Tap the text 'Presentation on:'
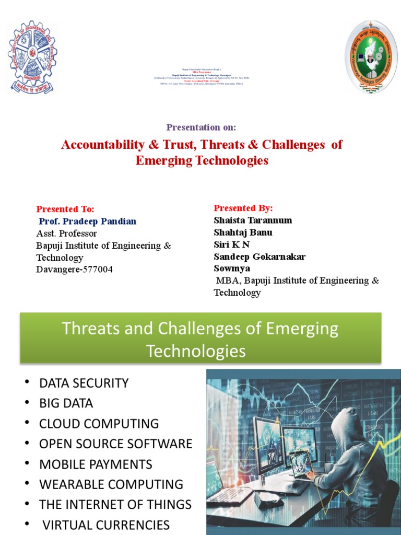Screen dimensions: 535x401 click(201, 127)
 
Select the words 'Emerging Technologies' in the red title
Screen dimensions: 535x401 click(202, 160)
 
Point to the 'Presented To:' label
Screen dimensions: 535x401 click(65, 209)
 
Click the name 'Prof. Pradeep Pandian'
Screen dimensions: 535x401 click(88, 221)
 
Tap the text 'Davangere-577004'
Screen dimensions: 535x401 click(74, 270)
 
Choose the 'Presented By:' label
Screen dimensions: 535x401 click(243, 208)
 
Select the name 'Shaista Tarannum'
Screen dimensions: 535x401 click(253, 220)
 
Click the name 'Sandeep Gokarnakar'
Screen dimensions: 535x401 click(260, 257)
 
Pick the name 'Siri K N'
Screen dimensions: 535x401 click(232, 245)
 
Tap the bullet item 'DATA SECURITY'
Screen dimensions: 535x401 click(84, 383)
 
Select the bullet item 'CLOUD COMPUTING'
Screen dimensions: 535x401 click(99, 424)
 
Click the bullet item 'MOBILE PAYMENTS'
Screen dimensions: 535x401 click(96, 464)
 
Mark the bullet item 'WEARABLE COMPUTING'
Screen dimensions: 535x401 click(111, 484)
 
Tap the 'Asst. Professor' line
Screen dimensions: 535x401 click(66, 233)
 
